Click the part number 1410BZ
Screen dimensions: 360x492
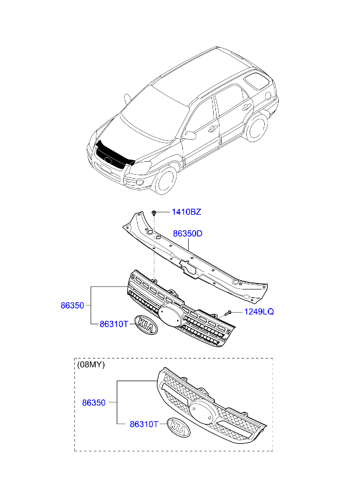click(x=186, y=212)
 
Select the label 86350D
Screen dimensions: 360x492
click(x=188, y=234)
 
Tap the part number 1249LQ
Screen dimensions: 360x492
click(x=259, y=312)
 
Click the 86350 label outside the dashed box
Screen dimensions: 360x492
click(x=72, y=305)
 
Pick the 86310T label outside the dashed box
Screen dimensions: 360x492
click(x=114, y=324)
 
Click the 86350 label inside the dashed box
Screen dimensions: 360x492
click(x=93, y=403)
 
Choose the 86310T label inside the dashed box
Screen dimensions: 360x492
click(x=144, y=424)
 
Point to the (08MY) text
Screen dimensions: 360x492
click(x=91, y=364)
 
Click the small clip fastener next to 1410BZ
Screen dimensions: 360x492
click(x=154, y=213)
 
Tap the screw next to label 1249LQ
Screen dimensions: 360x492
click(x=229, y=313)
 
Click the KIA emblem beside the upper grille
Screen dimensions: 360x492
click(x=146, y=325)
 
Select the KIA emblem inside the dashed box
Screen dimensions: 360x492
click(x=178, y=428)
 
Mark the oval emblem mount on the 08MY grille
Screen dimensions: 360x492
click(x=202, y=413)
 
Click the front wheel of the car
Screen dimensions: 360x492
click(x=165, y=181)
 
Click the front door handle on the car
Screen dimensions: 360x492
click(x=213, y=128)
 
